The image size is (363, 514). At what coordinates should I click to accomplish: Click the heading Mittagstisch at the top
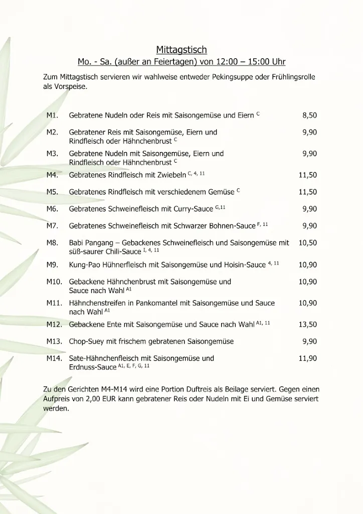pyautogui.click(x=181, y=49)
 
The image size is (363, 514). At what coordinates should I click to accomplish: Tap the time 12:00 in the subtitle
pyautogui.click(x=227, y=62)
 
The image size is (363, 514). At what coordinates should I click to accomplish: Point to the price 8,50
pyautogui.click(x=309, y=115)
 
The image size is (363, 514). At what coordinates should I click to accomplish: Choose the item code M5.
pyautogui.click(x=53, y=192)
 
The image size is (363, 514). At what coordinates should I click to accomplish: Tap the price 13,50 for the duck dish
pyautogui.click(x=308, y=324)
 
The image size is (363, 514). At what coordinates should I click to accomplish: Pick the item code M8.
pyautogui.click(x=53, y=242)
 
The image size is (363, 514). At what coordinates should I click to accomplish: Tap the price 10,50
pyautogui.click(x=308, y=242)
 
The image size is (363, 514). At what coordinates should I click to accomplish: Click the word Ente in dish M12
pyautogui.click(x=115, y=324)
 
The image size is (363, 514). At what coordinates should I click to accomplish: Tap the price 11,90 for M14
pyautogui.click(x=308, y=358)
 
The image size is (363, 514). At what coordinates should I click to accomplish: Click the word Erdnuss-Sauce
pyautogui.click(x=92, y=367)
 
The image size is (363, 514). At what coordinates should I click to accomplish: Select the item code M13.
pyautogui.click(x=54, y=341)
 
